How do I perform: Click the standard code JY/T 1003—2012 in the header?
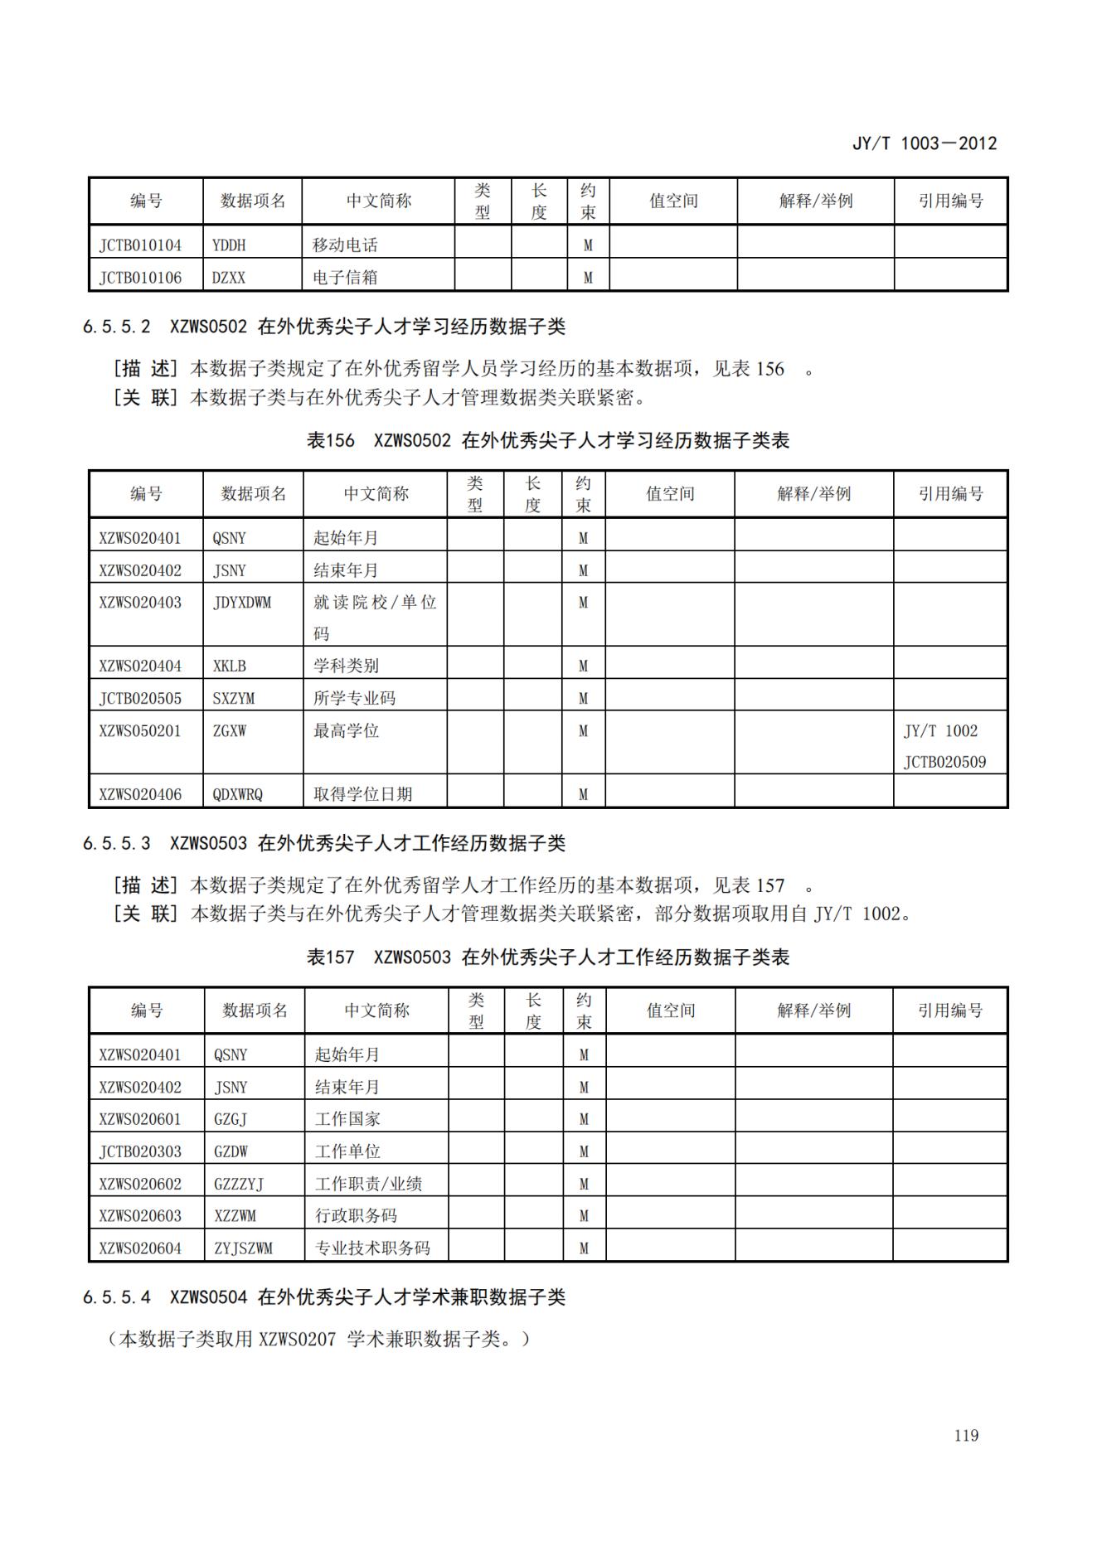(x=924, y=143)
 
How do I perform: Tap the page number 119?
(x=966, y=1435)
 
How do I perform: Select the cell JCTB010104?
(x=140, y=245)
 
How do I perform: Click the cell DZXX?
(x=229, y=278)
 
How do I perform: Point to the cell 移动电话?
(x=345, y=245)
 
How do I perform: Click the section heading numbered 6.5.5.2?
(x=323, y=327)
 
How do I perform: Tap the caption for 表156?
(x=547, y=440)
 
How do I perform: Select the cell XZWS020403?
(x=140, y=603)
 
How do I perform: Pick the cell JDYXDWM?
(x=242, y=603)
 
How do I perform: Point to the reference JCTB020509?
(x=944, y=762)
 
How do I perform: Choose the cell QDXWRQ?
(x=238, y=794)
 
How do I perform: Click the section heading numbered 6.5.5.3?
(x=323, y=844)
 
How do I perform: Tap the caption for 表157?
(x=547, y=957)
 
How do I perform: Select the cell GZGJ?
(x=231, y=1119)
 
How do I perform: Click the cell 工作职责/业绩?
(x=368, y=1184)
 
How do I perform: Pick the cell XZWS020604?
(x=140, y=1248)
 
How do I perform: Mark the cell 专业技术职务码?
(x=372, y=1248)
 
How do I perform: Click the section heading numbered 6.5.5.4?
(x=323, y=1297)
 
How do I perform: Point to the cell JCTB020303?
(x=140, y=1151)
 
